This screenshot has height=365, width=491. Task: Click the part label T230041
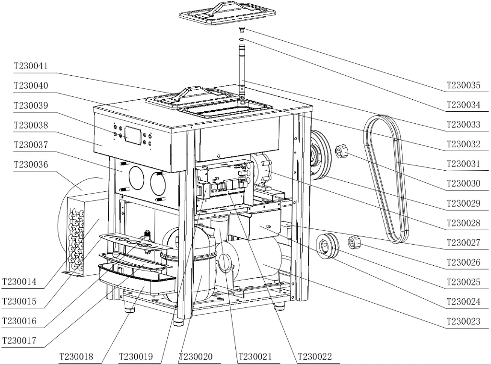coord(31,66)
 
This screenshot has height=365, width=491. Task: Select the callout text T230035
coord(463,85)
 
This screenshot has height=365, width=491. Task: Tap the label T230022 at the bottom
coord(315,357)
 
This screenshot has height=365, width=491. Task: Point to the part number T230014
coord(19,282)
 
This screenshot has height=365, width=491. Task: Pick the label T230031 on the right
coord(463,164)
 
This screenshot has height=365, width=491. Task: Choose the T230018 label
coord(76,357)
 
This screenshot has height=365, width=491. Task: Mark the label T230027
coord(463,243)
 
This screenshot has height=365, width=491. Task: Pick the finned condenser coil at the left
coord(77,235)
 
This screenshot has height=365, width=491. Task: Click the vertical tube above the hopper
coord(241,67)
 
